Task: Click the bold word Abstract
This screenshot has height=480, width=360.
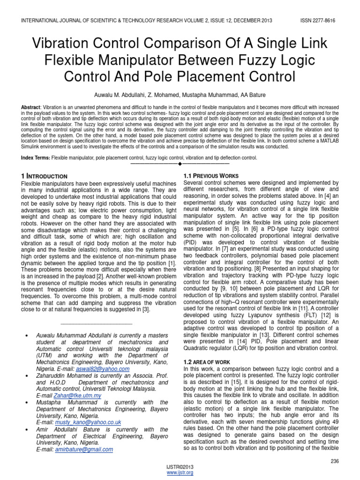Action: point(30,107)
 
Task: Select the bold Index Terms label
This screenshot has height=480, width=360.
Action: point(36,157)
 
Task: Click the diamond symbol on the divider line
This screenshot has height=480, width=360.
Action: point(180,164)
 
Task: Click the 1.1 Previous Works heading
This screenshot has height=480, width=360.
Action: point(211,176)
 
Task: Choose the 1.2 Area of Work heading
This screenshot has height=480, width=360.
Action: point(207,362)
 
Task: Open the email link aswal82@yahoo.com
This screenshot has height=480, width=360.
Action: point(109,368)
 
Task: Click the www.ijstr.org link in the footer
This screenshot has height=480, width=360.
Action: point(180,472)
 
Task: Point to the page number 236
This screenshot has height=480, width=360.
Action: point(334,461)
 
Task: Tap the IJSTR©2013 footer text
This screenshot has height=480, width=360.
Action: point(180,467)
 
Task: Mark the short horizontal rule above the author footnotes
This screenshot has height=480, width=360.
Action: point(97,324)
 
